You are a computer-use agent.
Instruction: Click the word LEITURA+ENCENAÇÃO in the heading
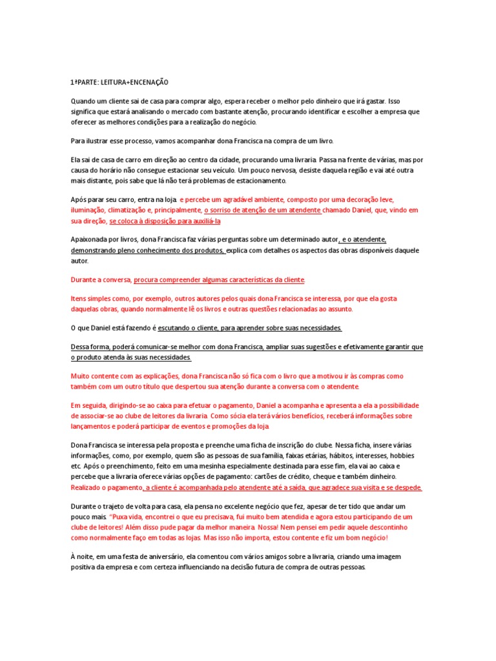click(139, 83)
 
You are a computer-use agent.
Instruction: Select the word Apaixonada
click(90, 239)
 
